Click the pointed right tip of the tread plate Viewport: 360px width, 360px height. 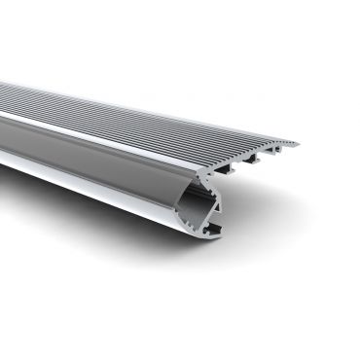point(298,145)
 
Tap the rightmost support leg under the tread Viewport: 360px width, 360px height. point(273,155)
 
